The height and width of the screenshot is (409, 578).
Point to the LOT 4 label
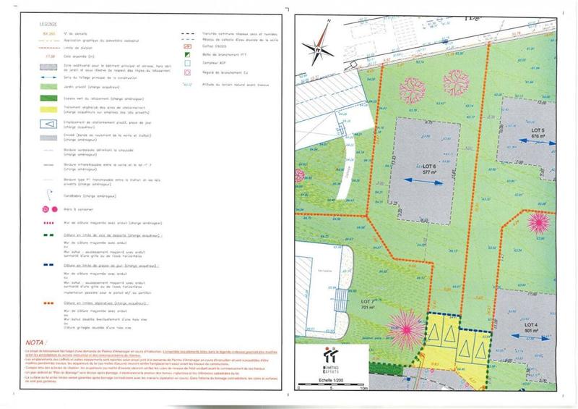[535, 326]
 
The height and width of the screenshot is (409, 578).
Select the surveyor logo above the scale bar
[332, 358]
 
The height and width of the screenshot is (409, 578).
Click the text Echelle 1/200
[332, 379]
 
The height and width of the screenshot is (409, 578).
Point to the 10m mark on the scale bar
[363, 389]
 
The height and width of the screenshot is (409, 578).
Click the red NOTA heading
[35, 341]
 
